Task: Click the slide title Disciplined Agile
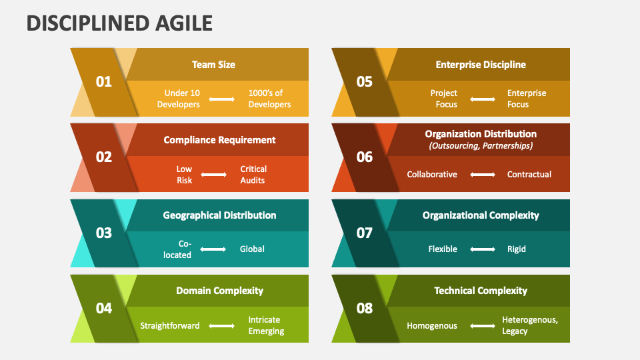120,23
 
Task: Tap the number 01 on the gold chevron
104,82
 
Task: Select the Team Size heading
213,65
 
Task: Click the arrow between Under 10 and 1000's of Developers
222,99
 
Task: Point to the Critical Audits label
253,175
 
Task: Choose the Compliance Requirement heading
219,140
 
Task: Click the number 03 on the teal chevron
104,233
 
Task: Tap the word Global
252,249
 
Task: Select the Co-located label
177,249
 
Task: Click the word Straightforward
170,326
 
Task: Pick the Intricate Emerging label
266,325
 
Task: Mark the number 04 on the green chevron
104,309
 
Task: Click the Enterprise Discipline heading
481,65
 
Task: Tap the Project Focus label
444,99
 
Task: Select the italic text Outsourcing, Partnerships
481,145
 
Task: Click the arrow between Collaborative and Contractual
483,175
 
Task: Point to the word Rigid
517,249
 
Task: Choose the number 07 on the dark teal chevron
365,233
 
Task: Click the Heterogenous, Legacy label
530,325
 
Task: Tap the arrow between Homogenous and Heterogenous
483,326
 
